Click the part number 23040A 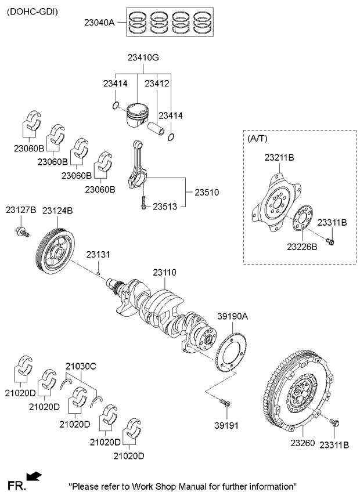coord(99,23)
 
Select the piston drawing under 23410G coord(137,115)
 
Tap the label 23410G coord(143,58)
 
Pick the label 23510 coord(207,193)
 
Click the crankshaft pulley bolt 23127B coord(22,232)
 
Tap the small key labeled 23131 coord(98,274)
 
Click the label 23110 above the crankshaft coord(164,272)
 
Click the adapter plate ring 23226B coord(303,218)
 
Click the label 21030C coord(81,366)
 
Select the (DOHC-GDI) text coord(33,12)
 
